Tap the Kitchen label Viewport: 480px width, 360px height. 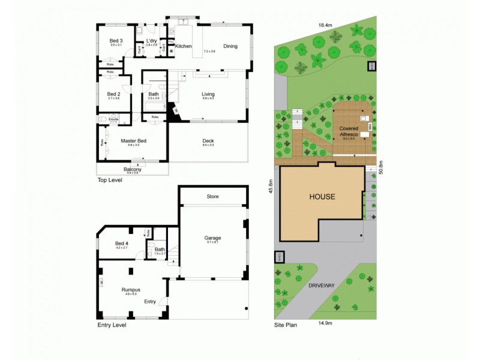coord(183,46)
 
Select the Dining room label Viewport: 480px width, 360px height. coord(230,46)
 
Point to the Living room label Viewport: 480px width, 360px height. coord(208,94)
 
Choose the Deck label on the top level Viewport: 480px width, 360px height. coord(208,141)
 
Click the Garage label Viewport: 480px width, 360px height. coord(213,237)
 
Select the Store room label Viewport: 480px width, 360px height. coord(212,196)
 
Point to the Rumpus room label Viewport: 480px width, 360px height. coord(130,289)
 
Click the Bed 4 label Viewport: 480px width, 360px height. coord(122,243)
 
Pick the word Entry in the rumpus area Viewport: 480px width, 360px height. coord(150,301)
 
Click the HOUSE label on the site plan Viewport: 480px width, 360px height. coord(322,196)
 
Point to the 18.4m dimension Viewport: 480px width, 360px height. coord(325,25)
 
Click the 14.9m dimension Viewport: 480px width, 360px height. coord(325,323)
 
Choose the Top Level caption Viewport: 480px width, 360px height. coord(109,180)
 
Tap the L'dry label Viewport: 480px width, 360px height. coord(151,40)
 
